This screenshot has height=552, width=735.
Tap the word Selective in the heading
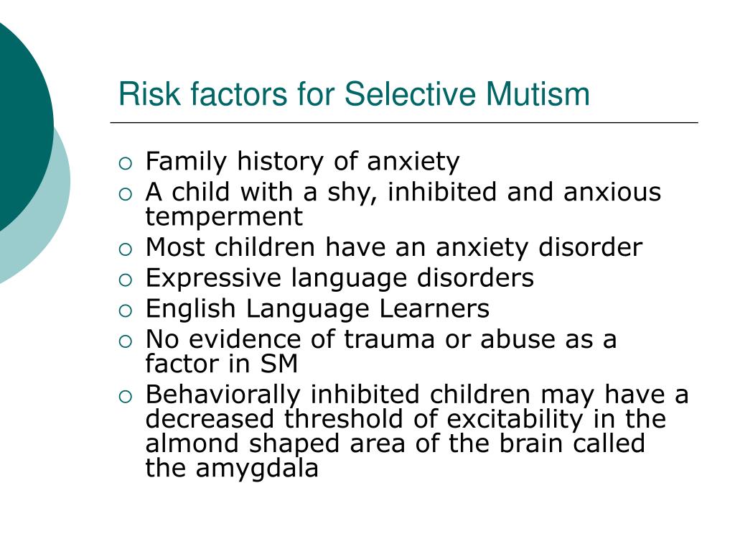(x=411, y=94)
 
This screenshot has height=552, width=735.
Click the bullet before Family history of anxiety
(x=126, y=163)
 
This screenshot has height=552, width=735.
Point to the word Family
(x=186, y=162)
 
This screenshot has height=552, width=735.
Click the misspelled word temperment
(x=224, y=217)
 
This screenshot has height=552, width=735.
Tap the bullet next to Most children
(x=126, y=249)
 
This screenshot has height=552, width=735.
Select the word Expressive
(x=213, y=278)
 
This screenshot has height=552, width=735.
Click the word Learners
(x=434, y=309)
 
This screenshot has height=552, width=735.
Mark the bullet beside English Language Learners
(x=126, y=310)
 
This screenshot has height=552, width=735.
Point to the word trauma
(x=389, y=339)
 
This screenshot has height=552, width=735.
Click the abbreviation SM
(x=279, y=364)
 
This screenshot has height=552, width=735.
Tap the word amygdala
(x=257, y=469)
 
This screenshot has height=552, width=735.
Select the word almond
(x=192, y=443)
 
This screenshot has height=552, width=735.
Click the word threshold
(x=343, y=419)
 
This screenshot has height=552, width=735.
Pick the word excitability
(x=515, y=420)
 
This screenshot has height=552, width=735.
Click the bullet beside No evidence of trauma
(x=126, y=341)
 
